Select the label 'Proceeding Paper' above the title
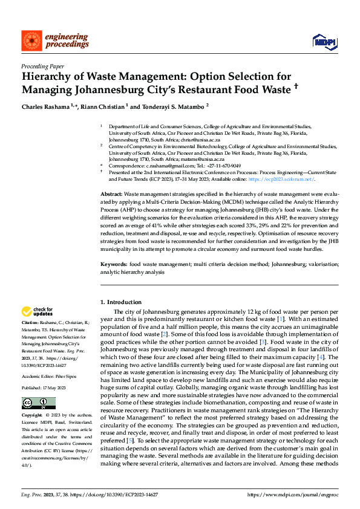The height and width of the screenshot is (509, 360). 42,66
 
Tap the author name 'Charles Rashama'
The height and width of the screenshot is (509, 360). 46,106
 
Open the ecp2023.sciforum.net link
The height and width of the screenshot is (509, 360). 287,180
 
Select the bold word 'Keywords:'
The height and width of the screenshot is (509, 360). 114,264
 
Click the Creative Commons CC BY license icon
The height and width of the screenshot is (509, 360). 34,386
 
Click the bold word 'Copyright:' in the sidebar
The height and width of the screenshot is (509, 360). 32,399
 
